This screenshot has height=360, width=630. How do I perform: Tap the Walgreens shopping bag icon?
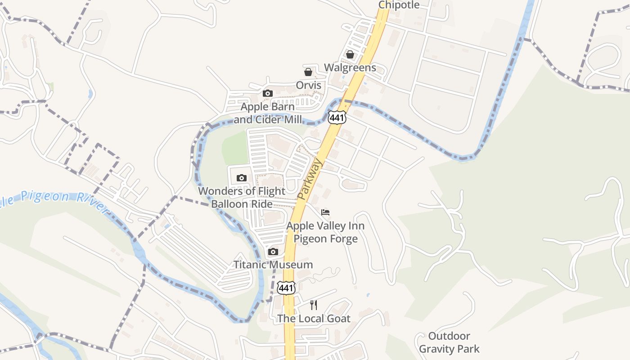click(350, 55)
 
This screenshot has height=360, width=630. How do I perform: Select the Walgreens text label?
click(350, 68)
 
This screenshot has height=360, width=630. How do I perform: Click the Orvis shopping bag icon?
click(308, 72)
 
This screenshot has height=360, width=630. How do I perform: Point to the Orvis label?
click(309, 85)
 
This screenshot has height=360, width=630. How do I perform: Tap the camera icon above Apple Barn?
click(268, 94)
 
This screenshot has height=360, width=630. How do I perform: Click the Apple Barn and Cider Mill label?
click(268, 113)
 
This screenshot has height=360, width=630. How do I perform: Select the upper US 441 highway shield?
click(337, 117)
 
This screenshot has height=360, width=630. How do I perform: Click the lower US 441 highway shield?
click(286, 288)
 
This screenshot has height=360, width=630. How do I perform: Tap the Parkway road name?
click(310, 179)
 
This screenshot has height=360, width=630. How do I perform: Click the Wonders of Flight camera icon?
click(242, 178)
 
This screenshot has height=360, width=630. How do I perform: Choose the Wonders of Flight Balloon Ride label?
click(242, 198)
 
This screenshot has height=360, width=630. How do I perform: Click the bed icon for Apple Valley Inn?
click(325, 212)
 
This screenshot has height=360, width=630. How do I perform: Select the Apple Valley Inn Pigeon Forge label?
click(325, 232)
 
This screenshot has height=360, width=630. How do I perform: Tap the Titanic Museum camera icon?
click(273, 252)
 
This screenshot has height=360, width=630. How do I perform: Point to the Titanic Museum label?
click(273, 265)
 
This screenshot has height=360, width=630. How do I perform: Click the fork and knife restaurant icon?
click(314, 305)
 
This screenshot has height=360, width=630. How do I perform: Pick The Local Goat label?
click(314, 319)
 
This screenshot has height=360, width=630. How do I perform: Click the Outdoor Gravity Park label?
click(449, 342)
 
